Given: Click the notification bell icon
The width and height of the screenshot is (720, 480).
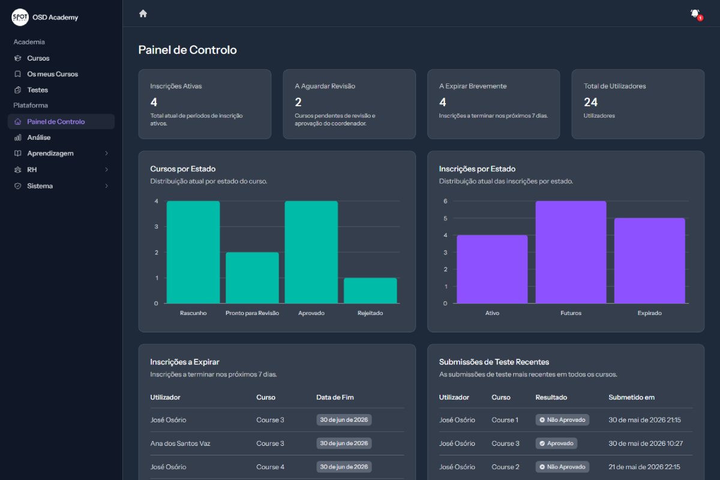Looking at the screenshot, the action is tap(695, 14).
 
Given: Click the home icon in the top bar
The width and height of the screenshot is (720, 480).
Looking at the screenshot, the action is tap(143, 14).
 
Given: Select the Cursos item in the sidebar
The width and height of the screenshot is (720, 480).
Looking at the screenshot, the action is tap(38, 58).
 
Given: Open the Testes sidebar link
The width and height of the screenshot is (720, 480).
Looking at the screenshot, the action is tap(38, 90).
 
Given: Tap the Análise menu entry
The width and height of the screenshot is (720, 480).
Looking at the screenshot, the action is tap(39, 137).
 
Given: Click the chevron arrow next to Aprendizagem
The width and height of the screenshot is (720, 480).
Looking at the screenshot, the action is tap(106, 154).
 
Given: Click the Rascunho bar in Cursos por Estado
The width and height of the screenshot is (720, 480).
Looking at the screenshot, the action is tap(193, 252).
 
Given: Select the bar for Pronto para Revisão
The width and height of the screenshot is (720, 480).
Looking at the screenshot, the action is tap(253, 278).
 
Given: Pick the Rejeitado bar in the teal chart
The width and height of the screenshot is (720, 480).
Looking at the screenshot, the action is tap(370, 290).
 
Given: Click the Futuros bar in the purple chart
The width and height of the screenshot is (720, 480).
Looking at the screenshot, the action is tap(571, 252).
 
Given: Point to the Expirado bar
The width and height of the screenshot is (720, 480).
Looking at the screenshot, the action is tap(650, 261).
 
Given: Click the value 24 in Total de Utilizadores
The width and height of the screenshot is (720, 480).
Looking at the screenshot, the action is tap(590, 102).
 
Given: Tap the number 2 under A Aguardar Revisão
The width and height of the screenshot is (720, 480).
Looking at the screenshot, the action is tap(298, 102).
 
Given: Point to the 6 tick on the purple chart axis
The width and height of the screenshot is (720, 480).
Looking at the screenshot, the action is tap(445, 201).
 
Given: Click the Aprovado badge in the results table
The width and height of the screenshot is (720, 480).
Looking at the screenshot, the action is tap(556, 443).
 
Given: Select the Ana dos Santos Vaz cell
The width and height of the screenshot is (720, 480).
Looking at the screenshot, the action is tap(181, 443).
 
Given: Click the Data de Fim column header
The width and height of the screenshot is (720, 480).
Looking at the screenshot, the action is tap(335, 397).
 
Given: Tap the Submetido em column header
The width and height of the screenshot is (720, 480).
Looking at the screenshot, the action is tap(631, 397).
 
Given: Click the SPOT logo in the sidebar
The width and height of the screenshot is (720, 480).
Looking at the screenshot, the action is tap(20, 17).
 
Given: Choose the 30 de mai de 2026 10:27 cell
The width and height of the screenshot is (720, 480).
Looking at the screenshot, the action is tap(646, 443).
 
